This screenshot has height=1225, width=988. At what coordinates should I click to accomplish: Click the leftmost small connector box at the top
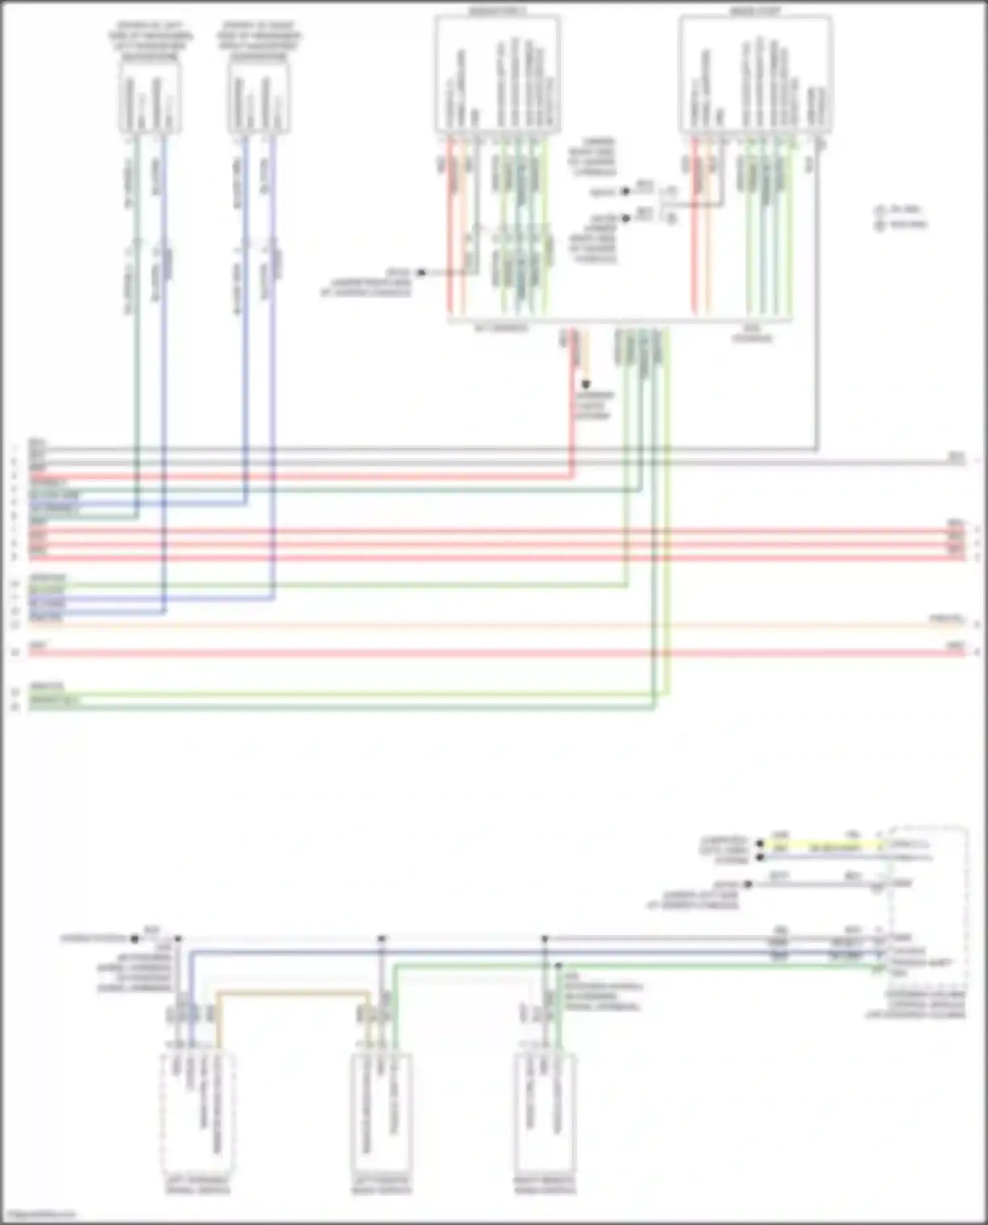[150, 99]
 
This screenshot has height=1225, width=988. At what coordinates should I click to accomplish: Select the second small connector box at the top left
[259, 99]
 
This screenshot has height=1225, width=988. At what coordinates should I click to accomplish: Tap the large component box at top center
[497, 74]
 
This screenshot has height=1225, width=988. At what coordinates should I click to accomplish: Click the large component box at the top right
[755, 74]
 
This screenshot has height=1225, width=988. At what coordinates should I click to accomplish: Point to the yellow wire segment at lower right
[823, 843]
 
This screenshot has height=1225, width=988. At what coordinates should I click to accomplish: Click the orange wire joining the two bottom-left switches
[293, 993]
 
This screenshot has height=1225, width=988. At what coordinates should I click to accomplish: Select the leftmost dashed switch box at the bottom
[197, 1112]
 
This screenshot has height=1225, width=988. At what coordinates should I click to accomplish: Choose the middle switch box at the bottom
[382, 1112]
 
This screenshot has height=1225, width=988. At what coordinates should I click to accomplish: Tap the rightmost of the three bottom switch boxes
[544, 1112]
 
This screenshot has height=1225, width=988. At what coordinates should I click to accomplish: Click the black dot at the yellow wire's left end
[760, 843]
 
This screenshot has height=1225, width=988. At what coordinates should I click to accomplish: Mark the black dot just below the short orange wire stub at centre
[586, 384]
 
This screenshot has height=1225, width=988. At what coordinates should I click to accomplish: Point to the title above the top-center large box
[497, 11]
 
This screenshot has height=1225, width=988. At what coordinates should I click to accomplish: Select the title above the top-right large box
[755, 11]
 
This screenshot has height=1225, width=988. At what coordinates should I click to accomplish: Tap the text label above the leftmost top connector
[151, 41]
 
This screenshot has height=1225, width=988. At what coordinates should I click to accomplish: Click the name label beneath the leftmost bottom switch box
[197, 1185]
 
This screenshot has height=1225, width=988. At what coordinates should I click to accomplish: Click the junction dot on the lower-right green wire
[559, 966]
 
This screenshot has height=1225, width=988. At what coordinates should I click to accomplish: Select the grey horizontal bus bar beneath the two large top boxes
[619, 321]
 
